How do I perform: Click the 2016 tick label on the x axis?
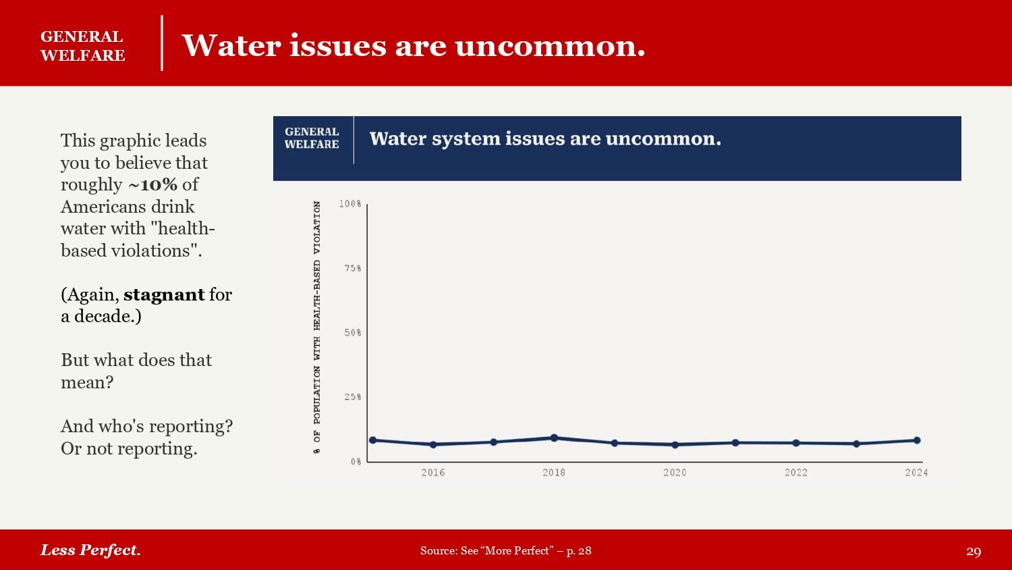pyautogui.click(x=433, y=473)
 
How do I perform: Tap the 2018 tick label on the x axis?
pyautogui.click(x=554, y=473)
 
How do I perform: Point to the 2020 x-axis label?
pyautogui.click(x=675, y=473)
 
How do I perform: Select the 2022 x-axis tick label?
pyautogui.click(x=796, y=473)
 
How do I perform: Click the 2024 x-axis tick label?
pyautogui.click(x=916, y=473)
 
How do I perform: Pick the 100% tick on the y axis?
pyautogui.click(x=350, y=204)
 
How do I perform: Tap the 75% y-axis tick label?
pyautogui.click(x=353, y=269)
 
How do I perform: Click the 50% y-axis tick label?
pyautogui.click(x=353, y=333)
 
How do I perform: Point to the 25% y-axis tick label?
pyautogui.click(x=353, y=397)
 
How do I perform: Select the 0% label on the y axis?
pyautogui.click(x=356, y=462)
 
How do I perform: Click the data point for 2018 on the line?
pyautogui.click(x=554, y=438)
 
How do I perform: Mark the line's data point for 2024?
pyautogui.click(x=917, y=440)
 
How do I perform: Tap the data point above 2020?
pyautogui.click(x=675, y=445)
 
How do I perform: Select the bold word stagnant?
pyautogui.click(x=164, y=294)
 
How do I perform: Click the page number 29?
pyautogui.click(x=974, y=551)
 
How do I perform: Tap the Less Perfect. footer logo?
pyautogui.click(x=90, y=550)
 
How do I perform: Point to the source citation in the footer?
pyautogui.click(x=505, y=550)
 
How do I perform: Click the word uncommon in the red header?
pyautogui.click(x=549, y=46)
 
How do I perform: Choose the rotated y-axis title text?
pyautogui.click(x=317, y=327)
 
